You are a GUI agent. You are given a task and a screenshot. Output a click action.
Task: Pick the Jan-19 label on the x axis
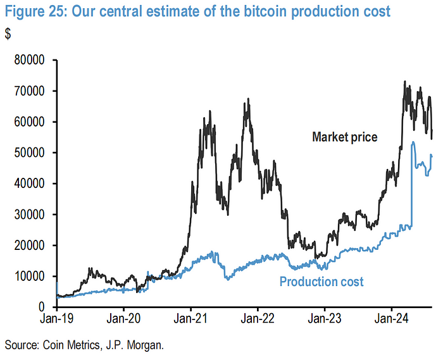[57, 320]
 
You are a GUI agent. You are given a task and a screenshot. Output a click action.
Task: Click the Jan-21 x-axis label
[191, 320]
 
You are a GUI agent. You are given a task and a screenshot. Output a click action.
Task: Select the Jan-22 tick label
[258, 320]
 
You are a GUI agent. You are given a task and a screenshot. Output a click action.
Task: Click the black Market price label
[344, 136]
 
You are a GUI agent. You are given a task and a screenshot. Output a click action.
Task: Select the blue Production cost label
[321, 282]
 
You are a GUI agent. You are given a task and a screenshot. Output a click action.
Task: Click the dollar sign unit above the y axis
[8, 35]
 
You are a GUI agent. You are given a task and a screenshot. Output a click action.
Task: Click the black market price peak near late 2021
[248, 99]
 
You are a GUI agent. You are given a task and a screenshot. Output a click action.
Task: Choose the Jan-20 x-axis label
[124, 320]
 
